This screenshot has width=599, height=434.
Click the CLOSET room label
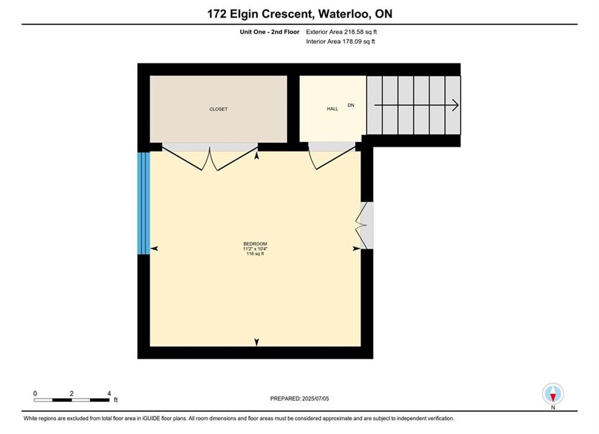click(x=218, y=109)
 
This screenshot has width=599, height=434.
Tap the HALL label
click(x=332, y=109)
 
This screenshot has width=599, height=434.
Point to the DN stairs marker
click(x=351, y=105)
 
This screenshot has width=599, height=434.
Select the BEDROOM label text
click(x=255, y=244)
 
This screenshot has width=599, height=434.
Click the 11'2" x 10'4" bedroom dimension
click(x=255, y=249)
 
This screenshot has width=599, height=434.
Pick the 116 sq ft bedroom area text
click(x=255, y=254)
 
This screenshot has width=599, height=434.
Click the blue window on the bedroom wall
click(x=144, y=203)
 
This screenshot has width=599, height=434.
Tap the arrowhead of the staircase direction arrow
click(x=455, y=105)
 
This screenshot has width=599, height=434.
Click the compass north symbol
click(x=553, y=394)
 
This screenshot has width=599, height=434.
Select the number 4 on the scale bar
click(x=109, y=394)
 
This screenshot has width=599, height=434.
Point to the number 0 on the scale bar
click(x=35, y=394)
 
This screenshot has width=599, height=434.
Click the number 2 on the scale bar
click(x=72, y=394)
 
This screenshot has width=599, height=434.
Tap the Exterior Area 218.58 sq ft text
click(x=341, y=32)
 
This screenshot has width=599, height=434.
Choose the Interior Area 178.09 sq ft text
click(x=340, y=42)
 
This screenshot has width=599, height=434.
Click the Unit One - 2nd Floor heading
click(x=270, y=32)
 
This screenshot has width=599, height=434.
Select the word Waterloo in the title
click(x=344, y=14)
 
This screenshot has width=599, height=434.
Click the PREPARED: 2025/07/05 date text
click(x=300, y=398)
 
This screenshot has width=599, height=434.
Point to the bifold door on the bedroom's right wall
click(x=361, y=225)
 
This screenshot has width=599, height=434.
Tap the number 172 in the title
click(x=217, y=14)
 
